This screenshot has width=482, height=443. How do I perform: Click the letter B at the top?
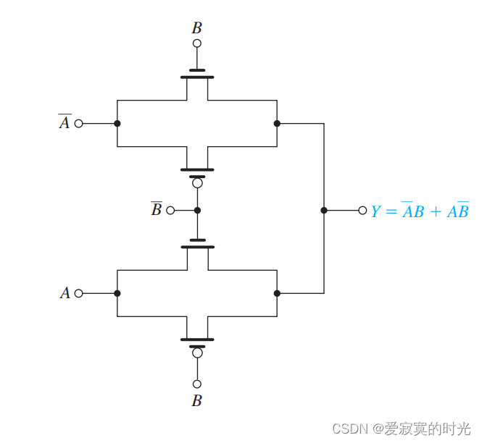(196, 28)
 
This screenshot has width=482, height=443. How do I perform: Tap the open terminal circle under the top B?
(196, 43)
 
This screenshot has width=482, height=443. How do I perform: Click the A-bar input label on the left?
(65, 122)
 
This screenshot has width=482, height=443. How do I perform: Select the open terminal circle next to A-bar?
(79, 123)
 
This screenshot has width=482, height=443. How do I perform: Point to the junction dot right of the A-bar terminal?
(117, 123)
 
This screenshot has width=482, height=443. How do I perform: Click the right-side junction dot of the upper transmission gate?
(277, 123)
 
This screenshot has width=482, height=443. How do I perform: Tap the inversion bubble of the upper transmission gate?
(197, 183)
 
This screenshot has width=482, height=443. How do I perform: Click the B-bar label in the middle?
(156, 210)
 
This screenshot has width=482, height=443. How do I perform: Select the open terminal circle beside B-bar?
(170, 211)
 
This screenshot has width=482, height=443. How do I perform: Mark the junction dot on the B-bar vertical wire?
(197, 211)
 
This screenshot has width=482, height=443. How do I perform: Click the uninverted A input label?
(65, 293)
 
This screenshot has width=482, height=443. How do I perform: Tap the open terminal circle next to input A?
(79, 293)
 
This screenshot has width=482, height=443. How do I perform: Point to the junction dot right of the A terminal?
(117, 293)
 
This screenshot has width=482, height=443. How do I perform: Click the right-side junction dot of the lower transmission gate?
(277, 293)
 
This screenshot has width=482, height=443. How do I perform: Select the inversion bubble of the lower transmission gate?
(197, 353)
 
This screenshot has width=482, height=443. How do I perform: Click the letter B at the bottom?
(196, 400)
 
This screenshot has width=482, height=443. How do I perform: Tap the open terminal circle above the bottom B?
(196, 384)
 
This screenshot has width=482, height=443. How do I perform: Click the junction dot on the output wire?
(324, 211)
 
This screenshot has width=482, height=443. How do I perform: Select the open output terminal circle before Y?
(362, 211)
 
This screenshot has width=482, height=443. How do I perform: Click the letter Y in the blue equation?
(376, 211)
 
